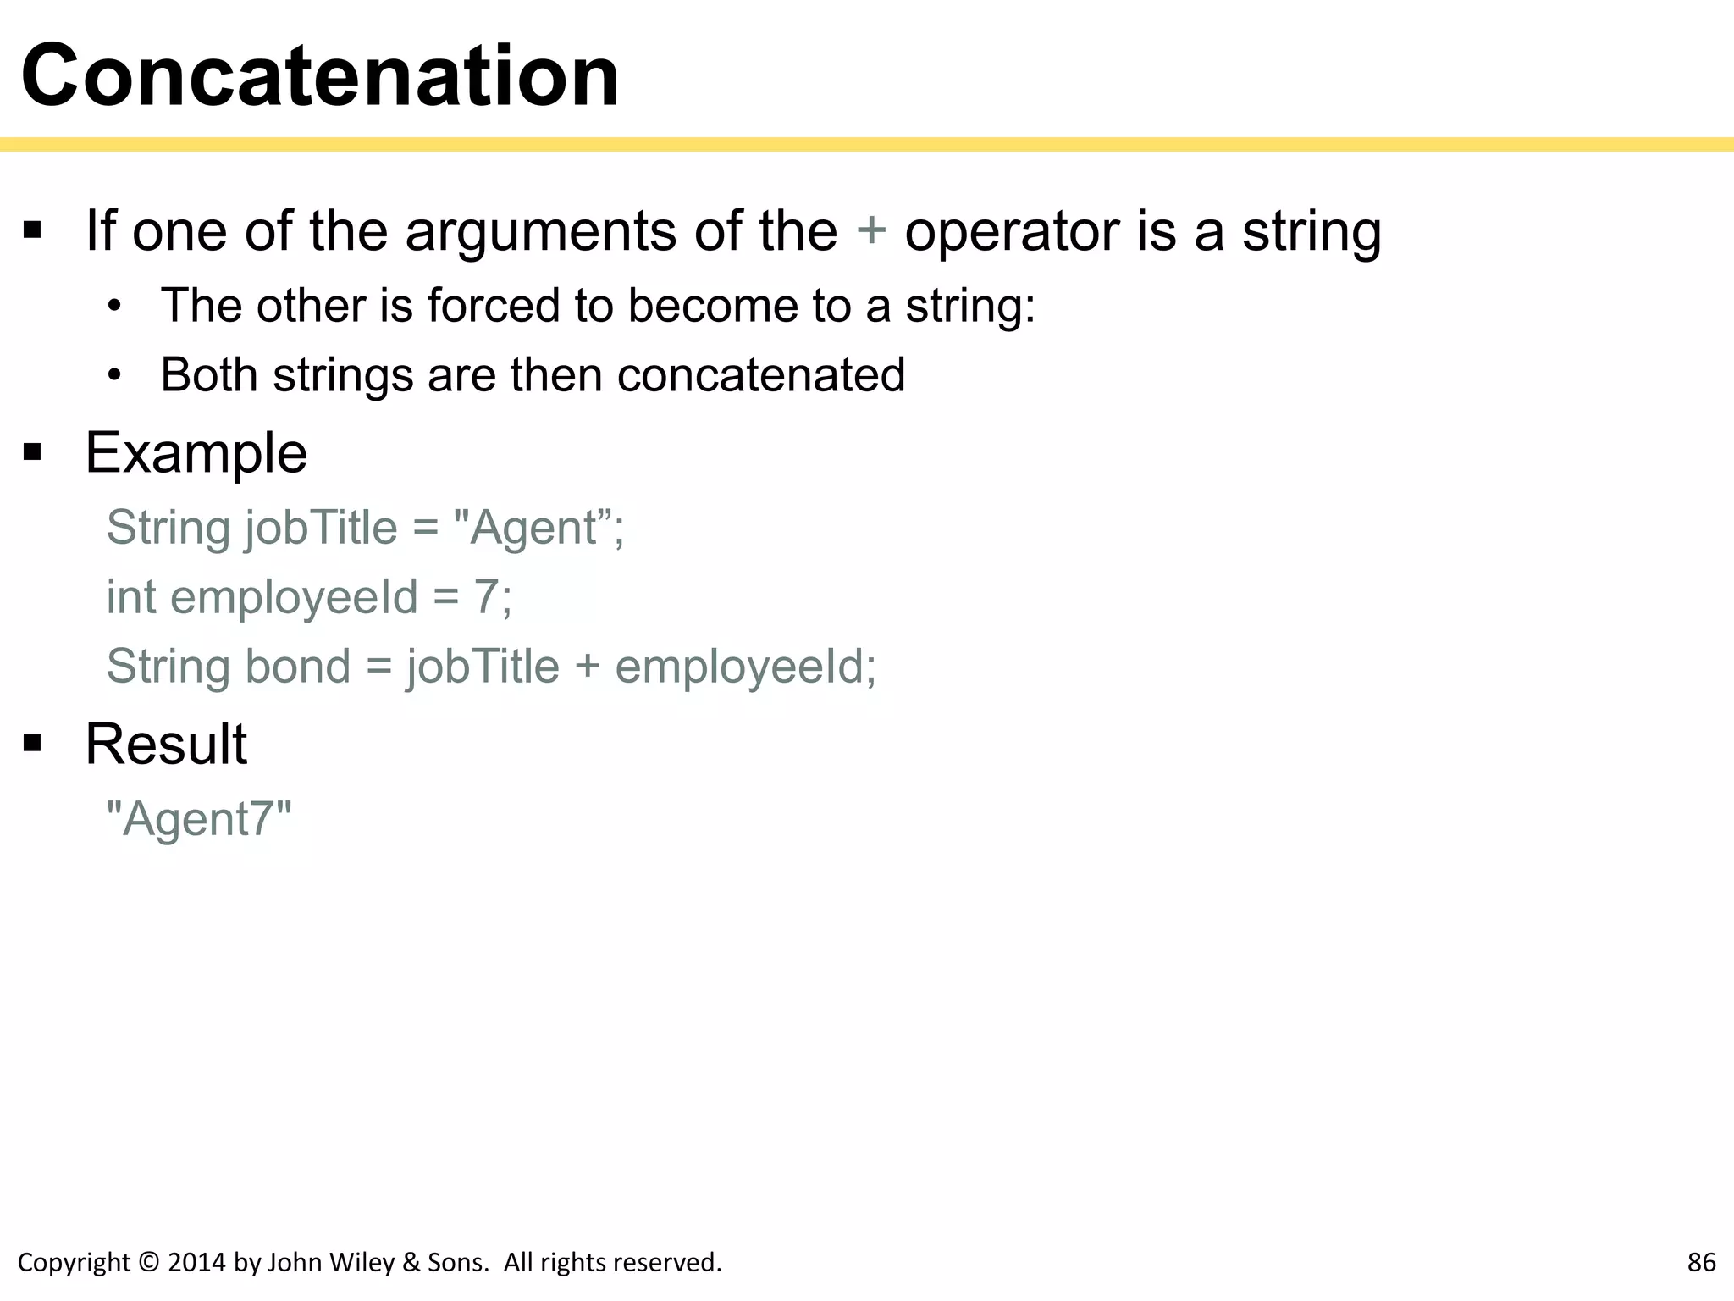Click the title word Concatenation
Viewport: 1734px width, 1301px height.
(320, 76)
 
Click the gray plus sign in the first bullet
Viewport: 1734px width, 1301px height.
(871, 230)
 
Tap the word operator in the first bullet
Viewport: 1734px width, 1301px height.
(1012, 232)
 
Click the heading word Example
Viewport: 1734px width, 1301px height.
(196, 453)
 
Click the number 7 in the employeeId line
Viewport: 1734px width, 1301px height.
(486, 596)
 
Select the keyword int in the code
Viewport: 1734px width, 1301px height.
(130, 596)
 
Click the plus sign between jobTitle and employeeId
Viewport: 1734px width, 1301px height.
(587, 667)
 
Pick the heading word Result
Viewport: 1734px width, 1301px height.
(166, 745)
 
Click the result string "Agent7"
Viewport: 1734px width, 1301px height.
(199, 819)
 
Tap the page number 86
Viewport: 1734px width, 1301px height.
(1701, 1262)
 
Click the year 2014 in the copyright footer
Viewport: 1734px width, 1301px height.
(196, 1262)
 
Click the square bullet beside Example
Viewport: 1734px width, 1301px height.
(33, 453)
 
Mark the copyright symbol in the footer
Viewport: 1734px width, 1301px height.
(149, 1262)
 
